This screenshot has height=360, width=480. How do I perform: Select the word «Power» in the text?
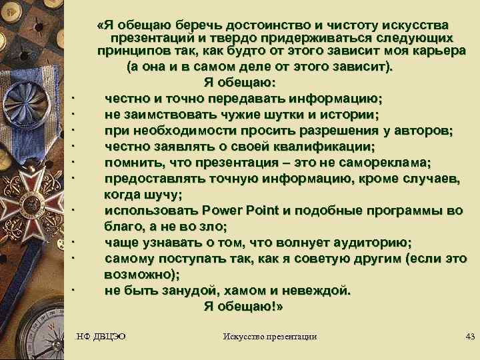[226, 211]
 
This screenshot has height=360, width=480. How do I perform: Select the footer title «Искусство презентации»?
[269, 336]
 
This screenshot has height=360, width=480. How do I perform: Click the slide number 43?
[469, 336]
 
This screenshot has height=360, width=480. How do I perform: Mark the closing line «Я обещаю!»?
[243, 307]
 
